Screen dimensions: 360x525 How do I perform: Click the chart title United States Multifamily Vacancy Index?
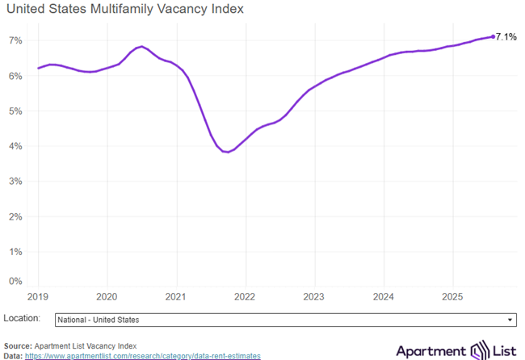point(124,10)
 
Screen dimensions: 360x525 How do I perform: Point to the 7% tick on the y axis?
point(15,40)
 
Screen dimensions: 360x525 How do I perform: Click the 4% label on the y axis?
point(15,146)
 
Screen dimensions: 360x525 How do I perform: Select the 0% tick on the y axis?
point(15,282)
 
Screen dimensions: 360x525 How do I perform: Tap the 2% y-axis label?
point(15,216)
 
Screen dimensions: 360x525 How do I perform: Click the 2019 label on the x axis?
point(38,296)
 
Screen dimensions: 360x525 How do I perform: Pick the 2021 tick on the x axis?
point(176,296)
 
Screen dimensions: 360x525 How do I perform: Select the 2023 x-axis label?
point(314,296)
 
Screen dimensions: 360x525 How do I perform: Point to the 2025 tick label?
point(452,296)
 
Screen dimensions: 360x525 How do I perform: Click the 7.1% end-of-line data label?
point(506,36)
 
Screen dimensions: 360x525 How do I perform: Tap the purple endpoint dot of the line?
point(493,36)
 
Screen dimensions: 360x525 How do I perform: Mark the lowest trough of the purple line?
point(226,152)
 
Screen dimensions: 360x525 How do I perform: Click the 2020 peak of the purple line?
point(141,47)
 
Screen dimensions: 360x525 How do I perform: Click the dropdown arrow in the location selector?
point(510,320)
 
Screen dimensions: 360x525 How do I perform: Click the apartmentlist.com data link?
point(142,355)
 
